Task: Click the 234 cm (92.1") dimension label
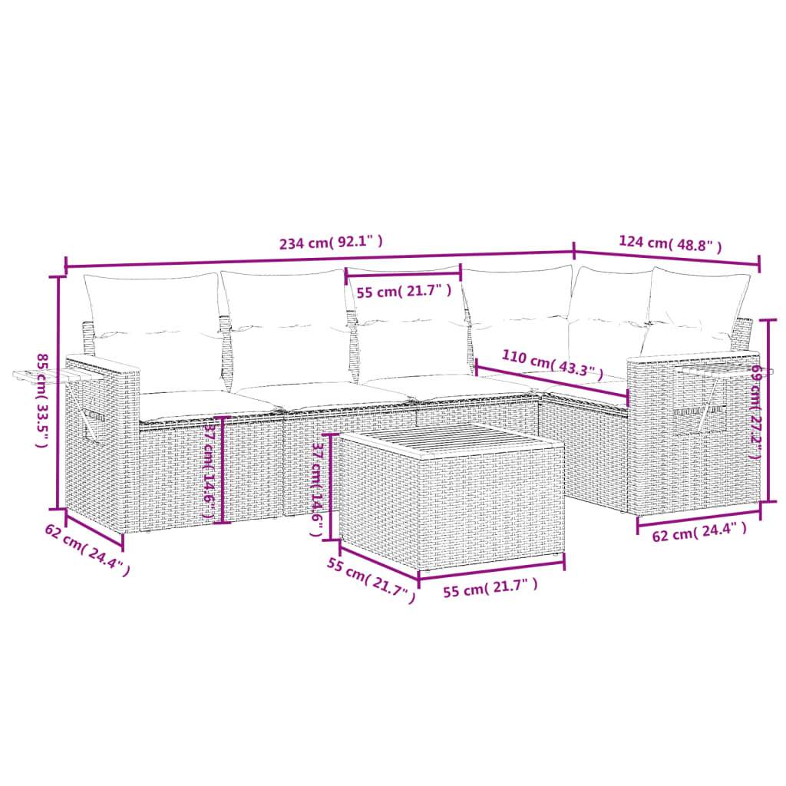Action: coord(331,243)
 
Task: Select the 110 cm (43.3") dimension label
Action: coord(548,364)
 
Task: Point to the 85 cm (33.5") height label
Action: coord(44,401)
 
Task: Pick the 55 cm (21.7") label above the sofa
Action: coord(403,292)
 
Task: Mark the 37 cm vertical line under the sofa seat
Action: coord(223,470)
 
